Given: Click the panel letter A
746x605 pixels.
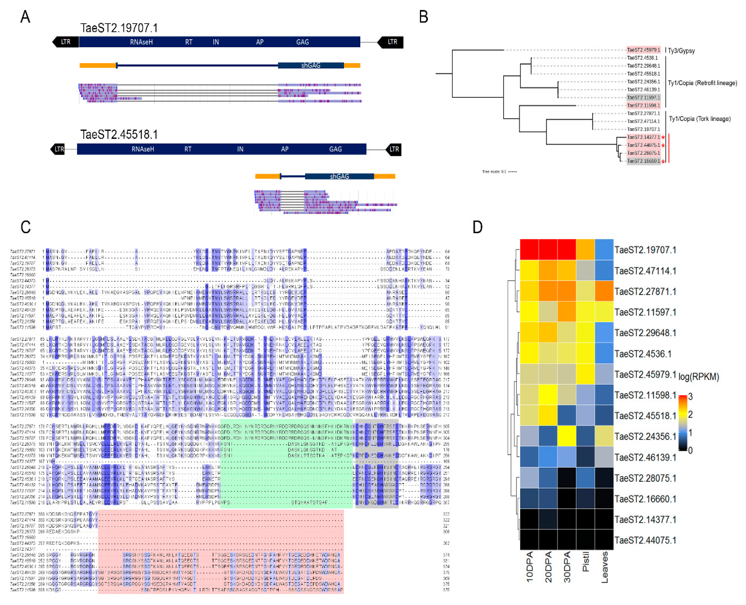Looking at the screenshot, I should [x=25, y=17].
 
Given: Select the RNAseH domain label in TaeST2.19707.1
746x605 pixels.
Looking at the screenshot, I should [x=141, y=42].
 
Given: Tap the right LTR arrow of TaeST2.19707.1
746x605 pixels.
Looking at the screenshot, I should [x=391, y=42].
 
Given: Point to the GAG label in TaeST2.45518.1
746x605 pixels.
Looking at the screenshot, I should [x=335, y=149].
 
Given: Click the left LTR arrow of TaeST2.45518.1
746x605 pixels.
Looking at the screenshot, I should [x=58, y=149].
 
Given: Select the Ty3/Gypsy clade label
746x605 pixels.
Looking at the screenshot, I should [x=681, y=51].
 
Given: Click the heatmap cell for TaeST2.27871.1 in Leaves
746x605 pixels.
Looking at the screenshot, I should [x=604, y=291].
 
